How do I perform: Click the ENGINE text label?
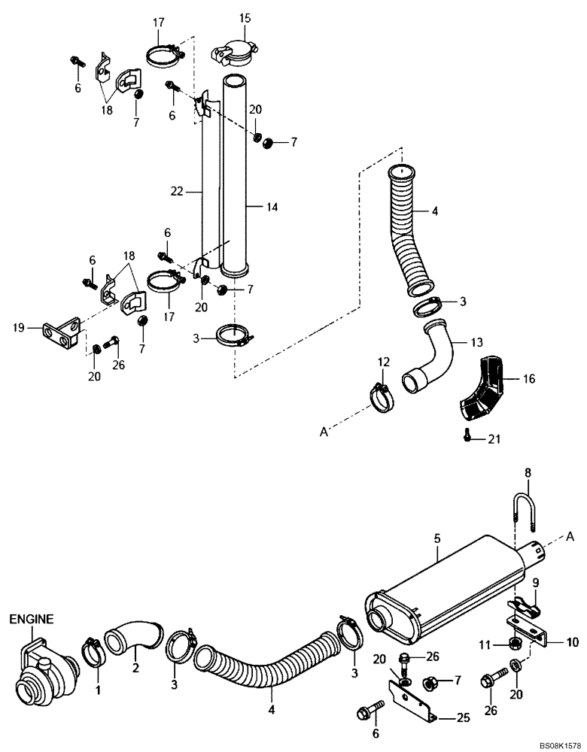tap(31, 620)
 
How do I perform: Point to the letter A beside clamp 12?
tap(323, 431)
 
